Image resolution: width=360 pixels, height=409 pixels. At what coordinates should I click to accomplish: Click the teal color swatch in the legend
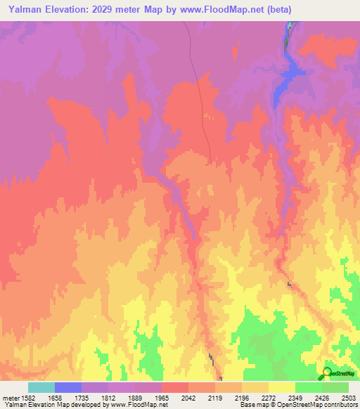pyautogui.click(x=41, y=387)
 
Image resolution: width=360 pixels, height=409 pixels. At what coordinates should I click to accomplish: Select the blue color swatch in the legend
pyautogui.click(x=68, y=387)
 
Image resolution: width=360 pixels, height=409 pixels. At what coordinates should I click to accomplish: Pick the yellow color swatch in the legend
pyautogui.click(x=283, y=387)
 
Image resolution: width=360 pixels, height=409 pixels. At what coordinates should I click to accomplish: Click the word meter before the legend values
pyautogui.click(x=11, y=397)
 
